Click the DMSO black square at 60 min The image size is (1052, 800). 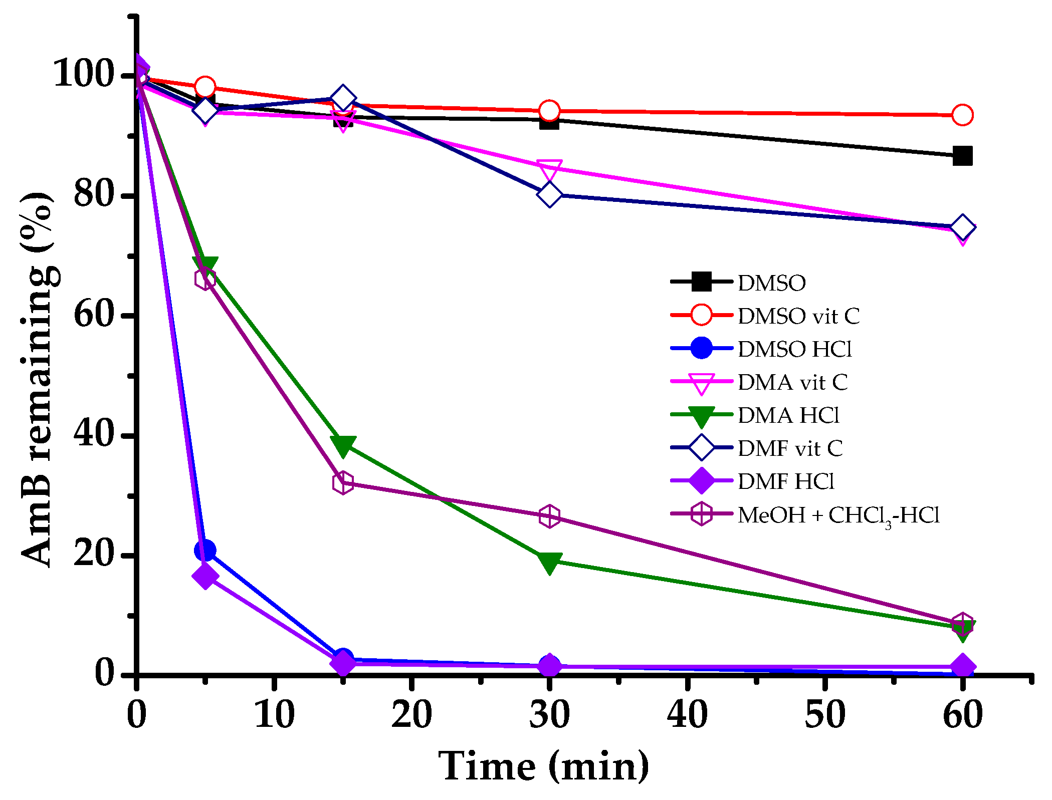(x=962, y=156)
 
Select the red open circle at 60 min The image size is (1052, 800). (x=962, y=115)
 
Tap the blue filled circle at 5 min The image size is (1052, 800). (x=205, y=551)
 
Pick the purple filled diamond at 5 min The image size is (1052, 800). (x=205, y=577)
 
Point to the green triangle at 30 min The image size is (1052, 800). (x=549, y=562)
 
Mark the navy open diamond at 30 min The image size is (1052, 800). (x=549, y=194)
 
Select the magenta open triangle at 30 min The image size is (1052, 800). (x=549, y=170)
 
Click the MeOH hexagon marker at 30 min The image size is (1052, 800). (x=549, y=516)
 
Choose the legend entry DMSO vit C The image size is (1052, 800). (x=798, y=316)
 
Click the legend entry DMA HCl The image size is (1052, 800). (x=788, y=415)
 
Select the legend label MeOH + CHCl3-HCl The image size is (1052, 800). (x=838, y=515)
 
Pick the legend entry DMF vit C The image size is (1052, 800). (x=790, y=448)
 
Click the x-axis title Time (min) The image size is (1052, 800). (x=544, y=767)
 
